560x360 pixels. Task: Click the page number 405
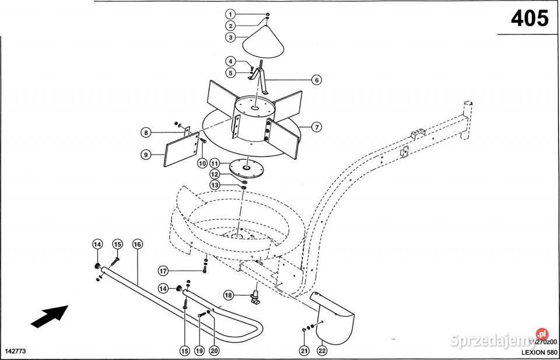point(530,19)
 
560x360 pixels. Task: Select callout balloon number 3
point(231,37)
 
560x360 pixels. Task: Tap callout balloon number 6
point(316,81)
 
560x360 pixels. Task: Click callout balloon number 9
point(146,155)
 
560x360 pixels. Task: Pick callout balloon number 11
point(215,163)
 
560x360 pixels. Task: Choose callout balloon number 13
point(215,185)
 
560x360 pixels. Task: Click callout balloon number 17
point(164,270)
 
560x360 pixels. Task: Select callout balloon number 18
point(229,296)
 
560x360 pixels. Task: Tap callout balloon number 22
point(322,351)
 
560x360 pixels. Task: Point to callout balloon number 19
point(199,351)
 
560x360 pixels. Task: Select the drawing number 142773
point(16,351)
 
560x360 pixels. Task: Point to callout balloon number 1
point(231,14)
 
